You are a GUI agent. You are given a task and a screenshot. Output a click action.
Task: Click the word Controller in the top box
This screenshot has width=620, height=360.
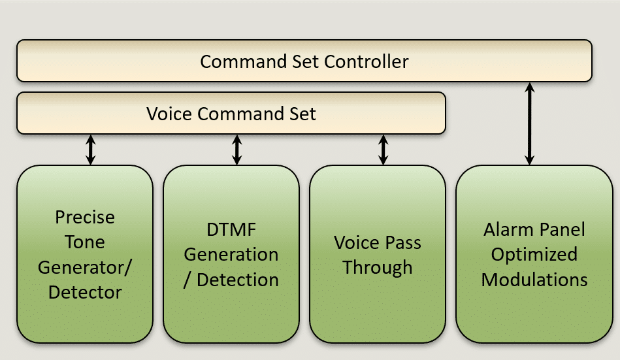click(x=366, y=61)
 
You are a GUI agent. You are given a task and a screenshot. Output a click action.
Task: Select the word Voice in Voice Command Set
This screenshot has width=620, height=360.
click(x=170, y=114)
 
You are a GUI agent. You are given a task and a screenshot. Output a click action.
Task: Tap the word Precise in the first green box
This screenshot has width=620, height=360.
click(x=85, y=217)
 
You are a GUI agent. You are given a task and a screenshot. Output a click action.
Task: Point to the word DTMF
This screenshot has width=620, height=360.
click(x=231, y=230)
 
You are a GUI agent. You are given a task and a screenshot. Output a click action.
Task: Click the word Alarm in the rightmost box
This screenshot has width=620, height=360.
click(x=508, y=230)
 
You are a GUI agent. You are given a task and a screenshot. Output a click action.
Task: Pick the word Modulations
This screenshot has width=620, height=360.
click(x=534, y=280)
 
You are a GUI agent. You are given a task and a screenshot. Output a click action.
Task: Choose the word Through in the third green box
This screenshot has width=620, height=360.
click(x=377, y=268)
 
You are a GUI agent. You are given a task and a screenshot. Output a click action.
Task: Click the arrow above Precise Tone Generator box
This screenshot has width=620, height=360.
click(x=91, y=150)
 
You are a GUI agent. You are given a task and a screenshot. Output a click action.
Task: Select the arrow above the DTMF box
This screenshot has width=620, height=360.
click(x=237, y=150)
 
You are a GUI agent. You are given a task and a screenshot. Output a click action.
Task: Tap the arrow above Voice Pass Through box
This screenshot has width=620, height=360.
click(x=383, y=150)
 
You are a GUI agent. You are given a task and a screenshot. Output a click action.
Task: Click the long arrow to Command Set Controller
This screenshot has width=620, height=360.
click(x=529, y=124)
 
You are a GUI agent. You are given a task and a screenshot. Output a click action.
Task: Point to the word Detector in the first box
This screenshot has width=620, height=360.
click(x=85, y=293)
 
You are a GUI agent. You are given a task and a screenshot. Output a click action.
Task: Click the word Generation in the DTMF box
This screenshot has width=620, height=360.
click(x=231, y=255)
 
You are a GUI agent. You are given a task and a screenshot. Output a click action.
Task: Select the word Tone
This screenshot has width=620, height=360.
click(x=85, y=242)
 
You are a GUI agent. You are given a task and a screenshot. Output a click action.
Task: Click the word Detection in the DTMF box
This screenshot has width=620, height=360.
click(x=238, y=280)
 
